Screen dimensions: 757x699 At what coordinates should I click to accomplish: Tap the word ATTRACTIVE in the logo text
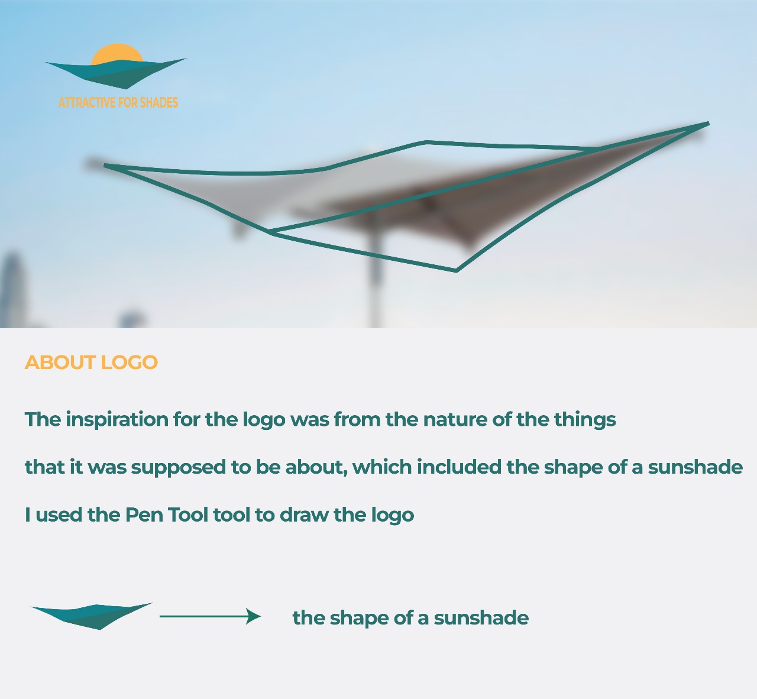click(x=86, y=102)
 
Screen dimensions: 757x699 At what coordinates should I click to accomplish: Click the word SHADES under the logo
click(x=159, y=102)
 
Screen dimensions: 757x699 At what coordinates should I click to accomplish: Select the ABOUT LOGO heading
click(x=91, y=363)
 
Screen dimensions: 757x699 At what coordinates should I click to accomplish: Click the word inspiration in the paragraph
click(x=117, y=420)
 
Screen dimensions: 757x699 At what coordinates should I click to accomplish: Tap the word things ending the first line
click(x=585, y=420)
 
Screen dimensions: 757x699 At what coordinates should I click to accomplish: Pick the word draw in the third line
click(x=304, y=515)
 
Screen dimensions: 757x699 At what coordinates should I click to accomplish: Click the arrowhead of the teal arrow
click(x=254, y=616)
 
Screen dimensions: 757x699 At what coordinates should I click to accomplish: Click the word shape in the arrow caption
click(x=359, y=619)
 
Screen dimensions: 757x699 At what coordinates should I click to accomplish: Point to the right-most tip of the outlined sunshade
click(x=709, y=123)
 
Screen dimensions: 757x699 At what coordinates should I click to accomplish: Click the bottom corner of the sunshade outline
click(x=457, y=271)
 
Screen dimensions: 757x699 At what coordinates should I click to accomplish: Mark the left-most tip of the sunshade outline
click(x=105, y=166)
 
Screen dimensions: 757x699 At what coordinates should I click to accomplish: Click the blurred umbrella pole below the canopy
click(x=376, y=282)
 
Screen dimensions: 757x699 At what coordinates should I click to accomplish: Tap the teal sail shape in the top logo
click(x=117, y=73)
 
